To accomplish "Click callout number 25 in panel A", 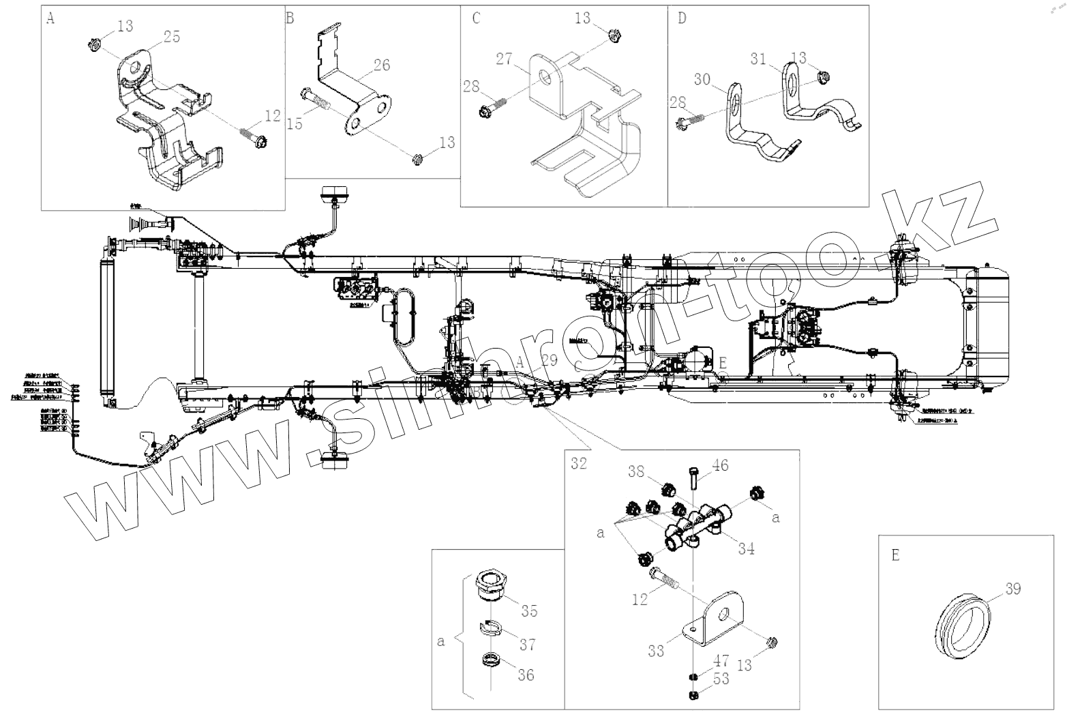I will point(172,37).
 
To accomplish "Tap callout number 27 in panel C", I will point(505,59).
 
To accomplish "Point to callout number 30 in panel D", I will point(703,80).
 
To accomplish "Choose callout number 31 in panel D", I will point(758,59).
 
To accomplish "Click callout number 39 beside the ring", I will point(1013,588).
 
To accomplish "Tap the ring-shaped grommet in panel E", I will point(962,627).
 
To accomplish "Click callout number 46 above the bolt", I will point(720,466).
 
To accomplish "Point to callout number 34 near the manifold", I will point(746,548).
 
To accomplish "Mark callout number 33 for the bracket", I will point(656,651).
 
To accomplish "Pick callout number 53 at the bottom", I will point(721,679).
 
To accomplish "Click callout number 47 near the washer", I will point(721,660).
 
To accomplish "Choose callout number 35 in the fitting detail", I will point(529,610).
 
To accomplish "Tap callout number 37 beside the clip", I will point(527,644).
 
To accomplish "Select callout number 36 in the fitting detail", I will point(526,675).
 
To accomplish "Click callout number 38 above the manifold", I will point(636,470).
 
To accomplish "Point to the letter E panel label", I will point(895,555).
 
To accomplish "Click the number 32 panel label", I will point(579,463).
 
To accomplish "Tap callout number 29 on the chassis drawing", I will point(549,360).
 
